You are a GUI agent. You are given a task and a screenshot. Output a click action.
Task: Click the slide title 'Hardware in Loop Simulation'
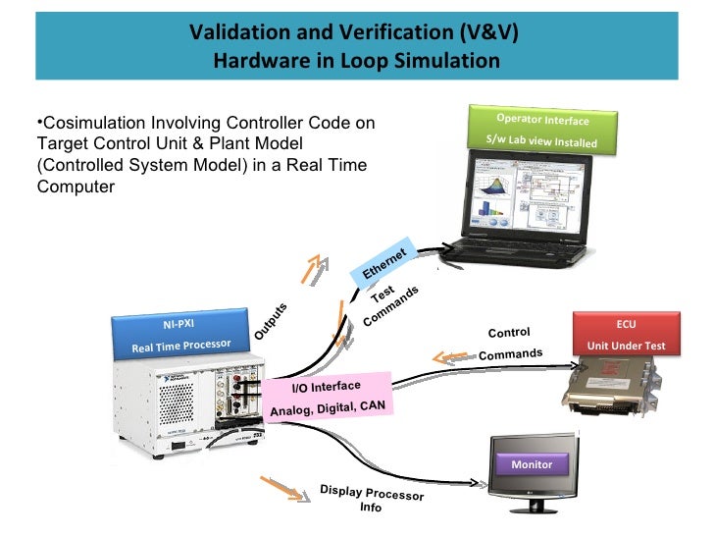click(x=356, y=60)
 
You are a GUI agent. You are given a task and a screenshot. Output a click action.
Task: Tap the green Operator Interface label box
click(x=542, y=131)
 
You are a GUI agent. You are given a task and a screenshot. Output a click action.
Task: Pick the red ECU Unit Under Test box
click(x=626, y=334)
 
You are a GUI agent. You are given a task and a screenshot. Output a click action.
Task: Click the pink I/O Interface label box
click(x=327, y=397)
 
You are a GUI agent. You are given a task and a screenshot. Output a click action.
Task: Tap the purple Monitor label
click(x=532, y=464)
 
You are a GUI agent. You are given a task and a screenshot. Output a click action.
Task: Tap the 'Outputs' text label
click(x=271, y=321)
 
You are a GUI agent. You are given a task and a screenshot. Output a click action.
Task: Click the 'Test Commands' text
click(x=391, y=304)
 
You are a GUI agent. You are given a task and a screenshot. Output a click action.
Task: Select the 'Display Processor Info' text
click(x=372, y=498)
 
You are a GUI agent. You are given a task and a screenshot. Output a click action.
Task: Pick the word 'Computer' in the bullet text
click(x=75, y=187)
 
